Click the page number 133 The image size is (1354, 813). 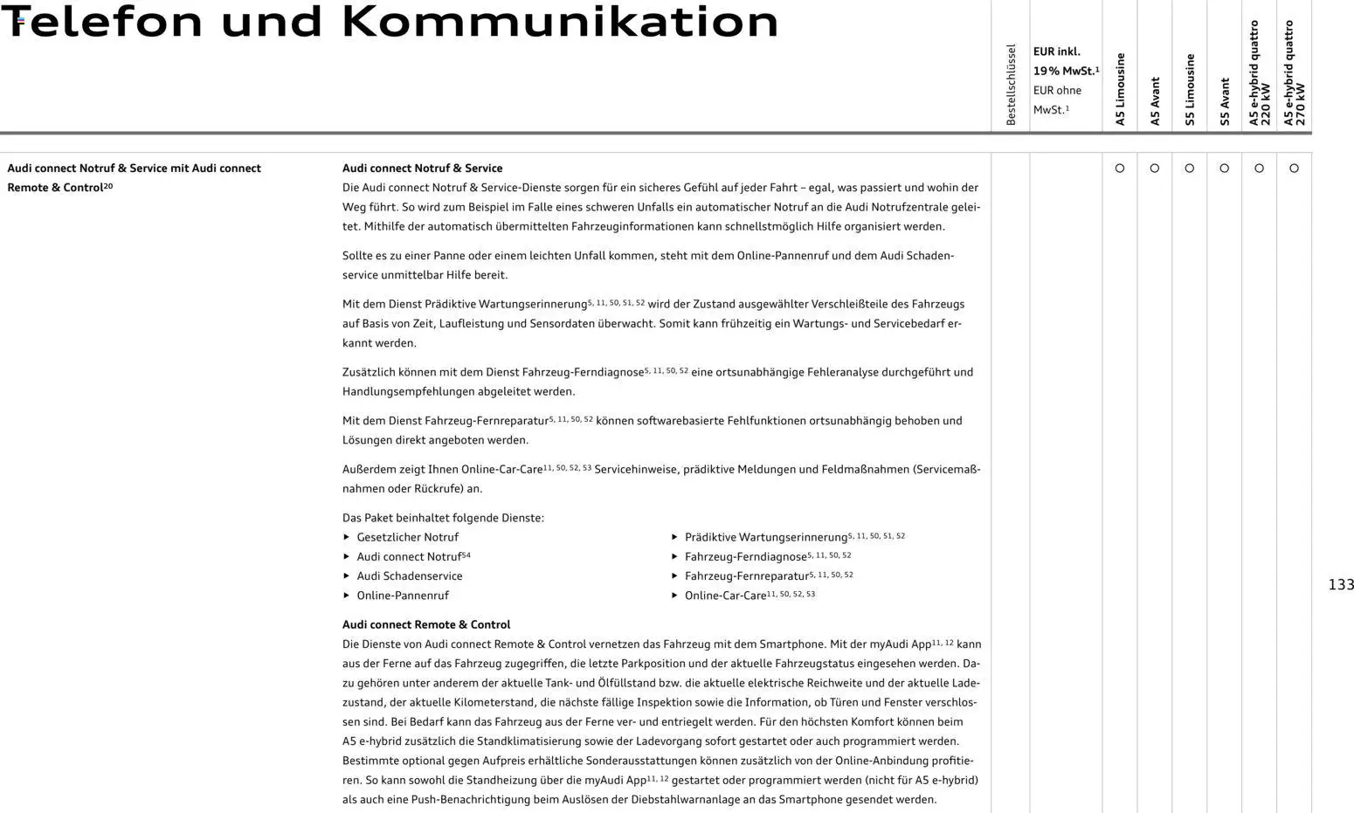(1340, 585)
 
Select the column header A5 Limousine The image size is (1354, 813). (1120, 89)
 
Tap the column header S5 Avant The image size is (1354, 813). (1225, 101)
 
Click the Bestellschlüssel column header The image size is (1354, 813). (1011, 85)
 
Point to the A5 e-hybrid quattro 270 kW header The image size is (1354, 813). (1294, 73)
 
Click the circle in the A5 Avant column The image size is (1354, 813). (1155, 169)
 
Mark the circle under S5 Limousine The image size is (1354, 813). (1190, 169)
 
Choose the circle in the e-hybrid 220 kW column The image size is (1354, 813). (1259, 169)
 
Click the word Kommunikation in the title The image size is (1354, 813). (560, 22)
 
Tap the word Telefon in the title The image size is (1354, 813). (102, 22)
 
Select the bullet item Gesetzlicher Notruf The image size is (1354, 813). (407, 537)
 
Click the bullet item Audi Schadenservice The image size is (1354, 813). (409, 576)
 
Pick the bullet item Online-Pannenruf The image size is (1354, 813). (402, 596)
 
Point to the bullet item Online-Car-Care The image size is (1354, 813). (725, 596)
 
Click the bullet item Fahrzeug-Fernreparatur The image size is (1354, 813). (746, 576)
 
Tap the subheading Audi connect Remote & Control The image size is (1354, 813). (426, 624)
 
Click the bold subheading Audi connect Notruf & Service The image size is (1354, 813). (422, 169)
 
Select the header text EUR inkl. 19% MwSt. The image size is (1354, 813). (1065, 61)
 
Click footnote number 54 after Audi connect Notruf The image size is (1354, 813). (466, 555)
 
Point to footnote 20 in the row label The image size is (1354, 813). (108, 186)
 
